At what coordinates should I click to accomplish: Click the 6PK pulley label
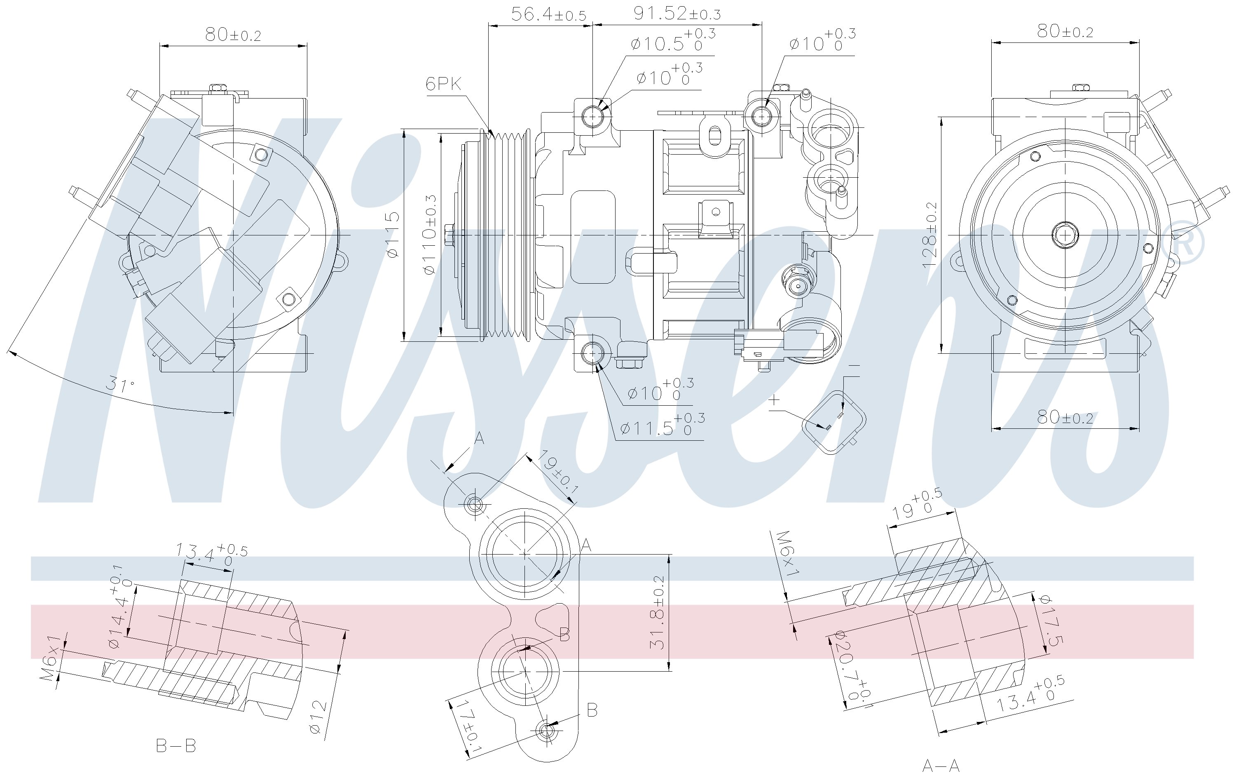443,84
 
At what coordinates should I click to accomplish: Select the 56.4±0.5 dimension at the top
549,14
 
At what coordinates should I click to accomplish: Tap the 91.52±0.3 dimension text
677,13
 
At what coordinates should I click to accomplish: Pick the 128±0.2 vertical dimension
930,235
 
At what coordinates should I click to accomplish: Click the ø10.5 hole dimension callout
673,40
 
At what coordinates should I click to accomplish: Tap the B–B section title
176,746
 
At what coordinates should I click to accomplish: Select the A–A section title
941,766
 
